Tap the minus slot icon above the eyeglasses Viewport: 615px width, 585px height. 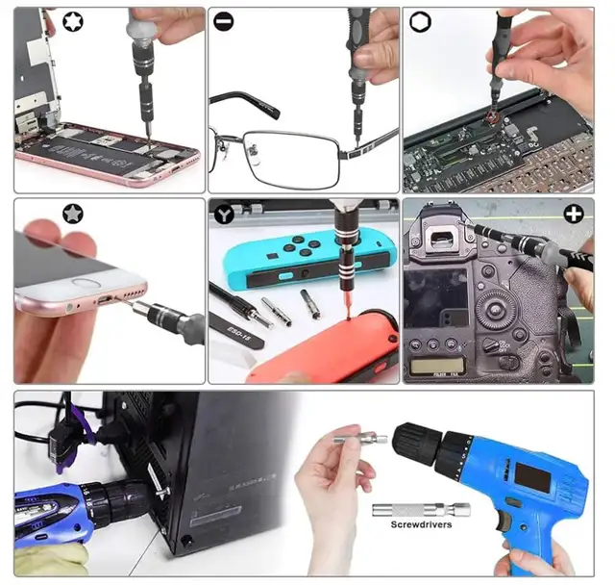(223, 21)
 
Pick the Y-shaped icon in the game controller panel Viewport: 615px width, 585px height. (223, 214)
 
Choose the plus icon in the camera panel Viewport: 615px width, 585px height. (574, 214)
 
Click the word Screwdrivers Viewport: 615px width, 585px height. (421, 525)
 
